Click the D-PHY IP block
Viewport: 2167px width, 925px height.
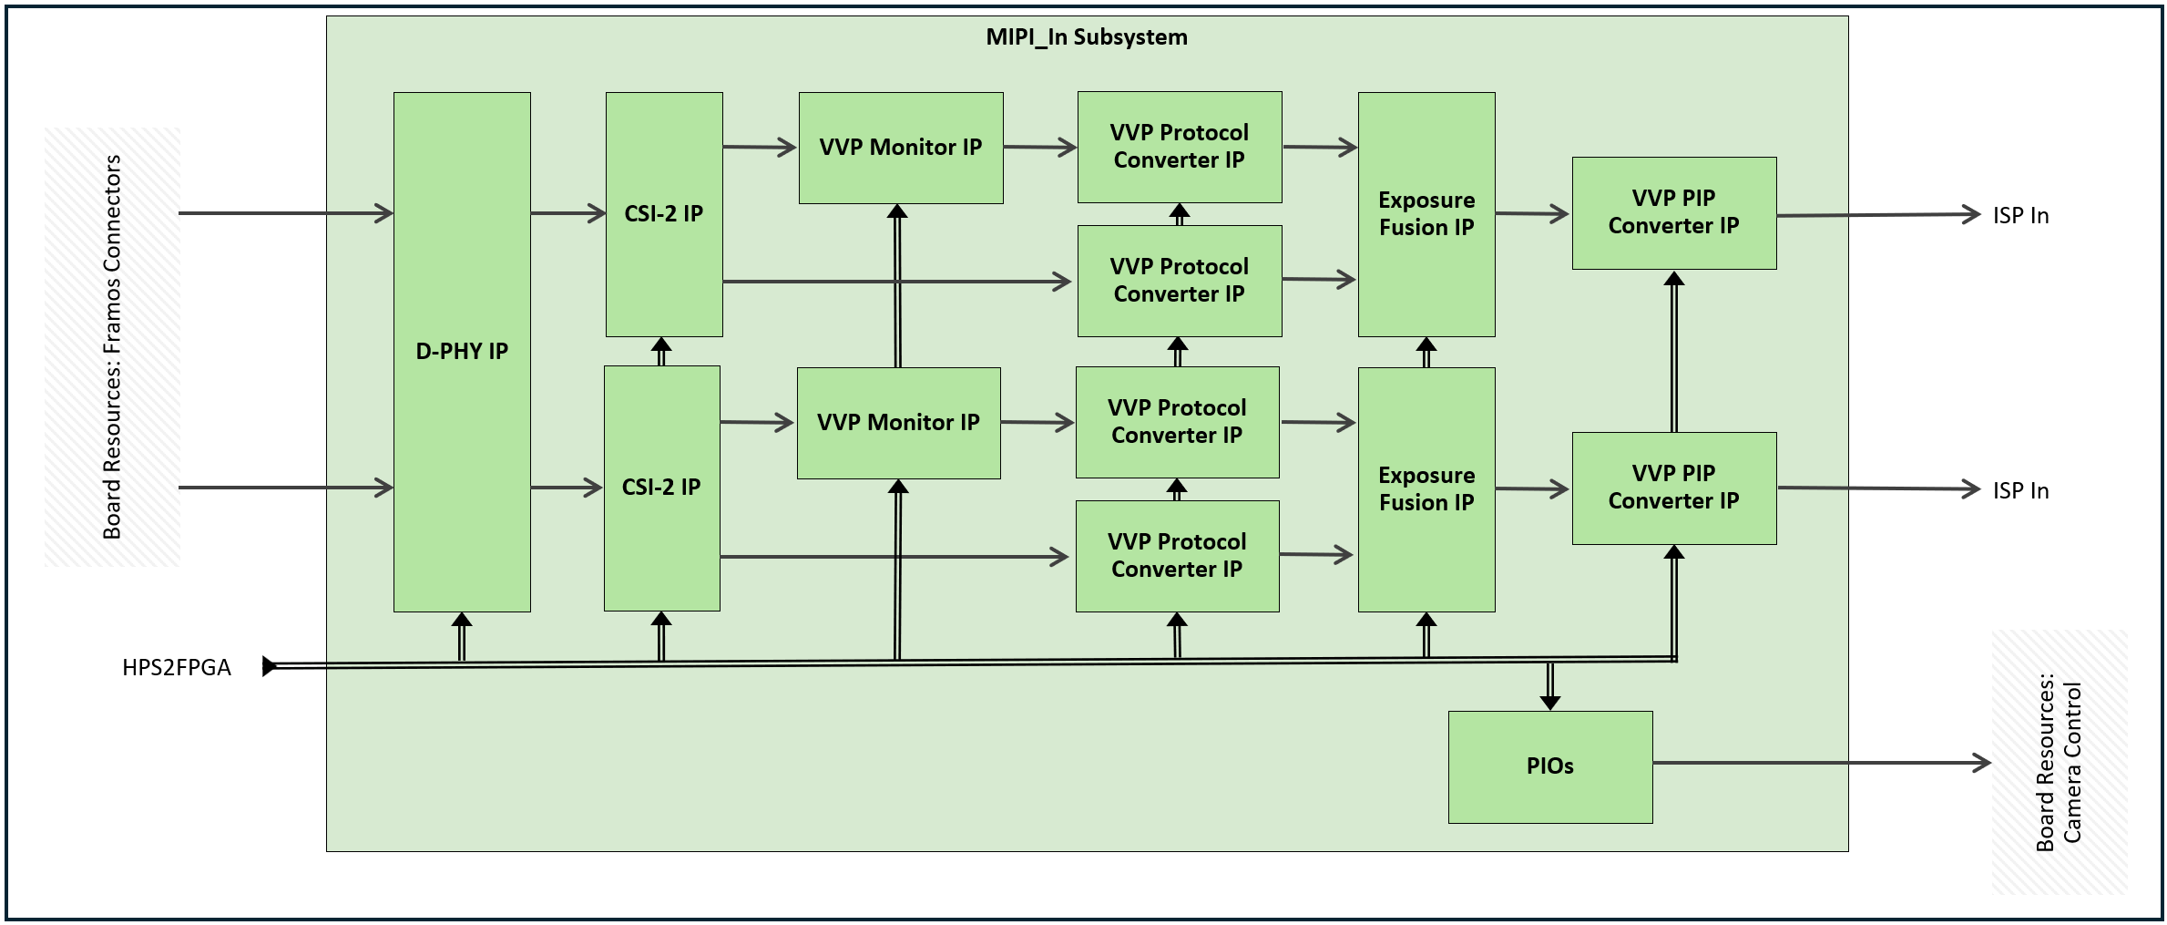(462, 351)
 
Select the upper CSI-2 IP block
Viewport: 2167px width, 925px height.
(664, 213)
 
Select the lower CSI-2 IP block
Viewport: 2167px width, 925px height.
(661, 488)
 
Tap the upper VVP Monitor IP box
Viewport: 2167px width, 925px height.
(901, 148)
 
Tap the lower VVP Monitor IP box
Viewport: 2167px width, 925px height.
(898, 423)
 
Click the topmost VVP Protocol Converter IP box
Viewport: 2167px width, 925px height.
(1179, 147)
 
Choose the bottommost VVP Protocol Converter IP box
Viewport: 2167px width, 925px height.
(1177, 556)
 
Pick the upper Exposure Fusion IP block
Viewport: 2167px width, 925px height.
(1426, 214)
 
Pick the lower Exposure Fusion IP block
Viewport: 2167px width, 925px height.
(1426, 489)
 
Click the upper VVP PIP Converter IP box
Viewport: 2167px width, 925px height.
(1673, 212)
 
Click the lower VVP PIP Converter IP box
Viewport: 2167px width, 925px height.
(1673, 488)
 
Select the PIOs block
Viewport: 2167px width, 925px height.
(1549, 766)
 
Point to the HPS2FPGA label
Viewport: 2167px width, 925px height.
(177, 668)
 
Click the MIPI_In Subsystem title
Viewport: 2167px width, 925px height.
(1087, 37)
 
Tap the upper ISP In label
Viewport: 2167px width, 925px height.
(2019, 216)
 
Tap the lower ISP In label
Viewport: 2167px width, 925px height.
(2019, 491)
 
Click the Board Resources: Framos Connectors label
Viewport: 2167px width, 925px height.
(112, 347)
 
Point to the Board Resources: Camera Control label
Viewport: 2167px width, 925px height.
(2059, 762)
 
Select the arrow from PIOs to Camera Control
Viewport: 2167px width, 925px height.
(1822, 763)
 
